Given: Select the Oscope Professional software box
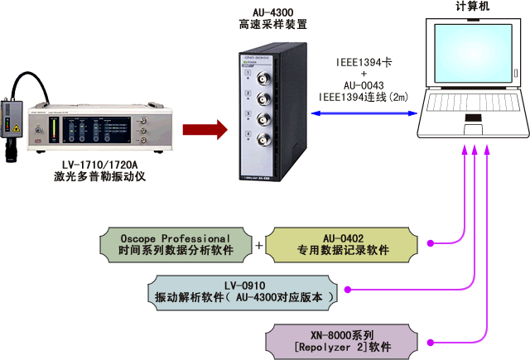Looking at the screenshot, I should point(176,244).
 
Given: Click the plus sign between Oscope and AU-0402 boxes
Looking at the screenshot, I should point(259,245).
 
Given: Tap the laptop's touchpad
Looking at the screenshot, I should point(473,129).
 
